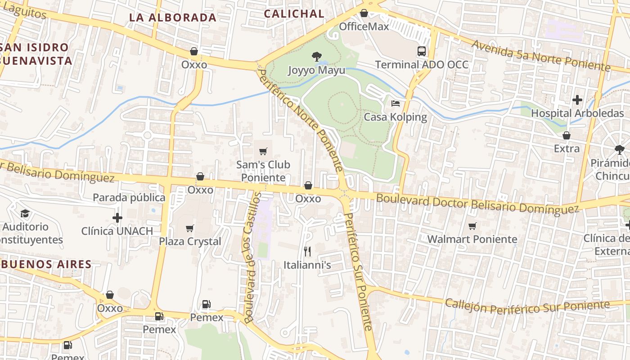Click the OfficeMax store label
pos(364,27)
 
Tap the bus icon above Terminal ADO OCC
pos(422,51)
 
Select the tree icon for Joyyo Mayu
pos(317,57)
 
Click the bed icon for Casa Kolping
pos(396,103)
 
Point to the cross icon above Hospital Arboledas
pos(577,99)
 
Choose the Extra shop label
pos(567,148)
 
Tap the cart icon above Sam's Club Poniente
pos(263,151)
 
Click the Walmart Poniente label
pos(472,239)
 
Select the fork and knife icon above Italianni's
pos(307,251)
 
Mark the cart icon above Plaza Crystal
pos(190,228)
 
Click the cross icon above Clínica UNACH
pos(117,218)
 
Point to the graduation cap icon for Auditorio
pos(25,213)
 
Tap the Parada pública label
pos(129,198)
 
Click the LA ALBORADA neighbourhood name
pos(173,18)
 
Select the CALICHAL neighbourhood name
pos(294,14)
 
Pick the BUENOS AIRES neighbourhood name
pos(46,264)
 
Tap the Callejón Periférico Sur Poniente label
pos(527,306)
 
